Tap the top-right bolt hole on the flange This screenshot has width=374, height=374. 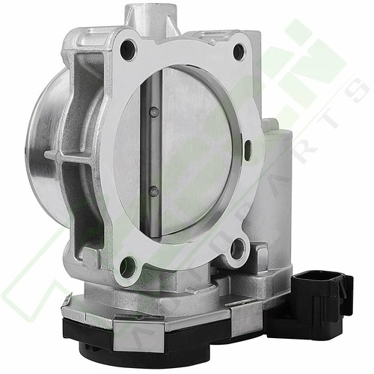point(239,52)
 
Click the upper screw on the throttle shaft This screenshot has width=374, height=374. point(153,112)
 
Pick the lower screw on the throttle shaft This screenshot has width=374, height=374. point(153,191)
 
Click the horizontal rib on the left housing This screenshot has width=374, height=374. point(71,155)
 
